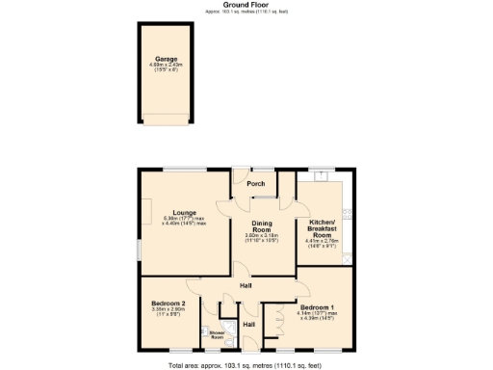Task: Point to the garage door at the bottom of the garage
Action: tap(166, 119)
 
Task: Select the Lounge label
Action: tap(185, 212)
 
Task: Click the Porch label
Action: tap(256, 183)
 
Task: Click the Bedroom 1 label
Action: tap(324, 307)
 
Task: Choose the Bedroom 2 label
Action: tap(169, 304)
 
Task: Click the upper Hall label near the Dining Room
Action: tap(246, 286)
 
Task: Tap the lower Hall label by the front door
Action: tap(248, 325)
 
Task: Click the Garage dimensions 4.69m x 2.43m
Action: tap(166, 66)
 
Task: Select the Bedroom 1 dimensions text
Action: tap(324, 317)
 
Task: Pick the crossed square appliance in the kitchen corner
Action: tap(350, 258)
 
